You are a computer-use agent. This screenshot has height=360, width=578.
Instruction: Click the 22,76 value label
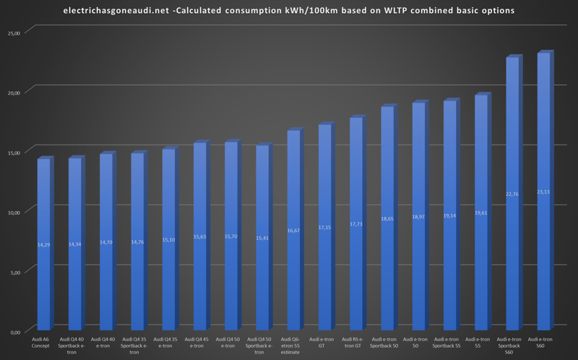pos(512,194)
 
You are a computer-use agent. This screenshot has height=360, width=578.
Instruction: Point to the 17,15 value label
pos(324,227)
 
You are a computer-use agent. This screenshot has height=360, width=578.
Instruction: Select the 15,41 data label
pos(262,238)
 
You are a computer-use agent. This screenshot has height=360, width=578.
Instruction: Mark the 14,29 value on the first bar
pos(43,245)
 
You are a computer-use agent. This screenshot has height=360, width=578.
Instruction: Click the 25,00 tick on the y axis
pos(12,33)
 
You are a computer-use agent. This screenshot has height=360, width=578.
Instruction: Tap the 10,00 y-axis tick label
pos(12,212)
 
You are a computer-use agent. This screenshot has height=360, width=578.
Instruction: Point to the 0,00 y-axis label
pos(14,332)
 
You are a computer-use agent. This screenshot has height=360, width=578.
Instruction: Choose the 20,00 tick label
pos(12,92)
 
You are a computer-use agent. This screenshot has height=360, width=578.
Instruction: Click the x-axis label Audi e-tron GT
pos(324,341)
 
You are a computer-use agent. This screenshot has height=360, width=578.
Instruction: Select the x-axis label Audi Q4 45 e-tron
pos(199,341)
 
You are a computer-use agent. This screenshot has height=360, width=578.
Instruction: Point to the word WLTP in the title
pos(380,11)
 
